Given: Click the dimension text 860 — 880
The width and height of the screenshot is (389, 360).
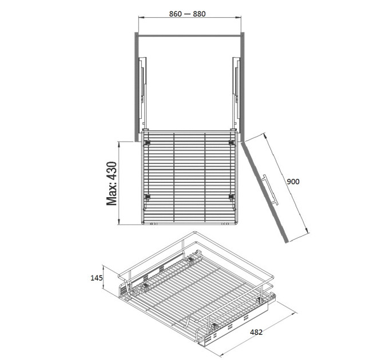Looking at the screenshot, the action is coord(187,14).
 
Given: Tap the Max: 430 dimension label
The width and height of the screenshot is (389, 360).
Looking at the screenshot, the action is coord(112,183).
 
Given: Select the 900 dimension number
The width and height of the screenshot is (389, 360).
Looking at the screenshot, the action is coord(293,182).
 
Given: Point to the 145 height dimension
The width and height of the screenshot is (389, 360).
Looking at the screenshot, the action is coord(97,278).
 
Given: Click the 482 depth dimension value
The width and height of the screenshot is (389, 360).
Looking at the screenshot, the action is coord(256,332).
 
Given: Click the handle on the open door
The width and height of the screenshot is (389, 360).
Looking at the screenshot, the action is coord(270,190).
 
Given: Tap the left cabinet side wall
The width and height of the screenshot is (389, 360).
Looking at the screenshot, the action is coord(137,87).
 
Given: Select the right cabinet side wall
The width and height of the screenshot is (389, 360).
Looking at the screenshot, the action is coord(243,87).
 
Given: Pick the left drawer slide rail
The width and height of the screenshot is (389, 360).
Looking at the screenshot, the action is coord(142,93).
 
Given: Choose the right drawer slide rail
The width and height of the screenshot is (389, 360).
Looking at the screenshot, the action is coord(236,93).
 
